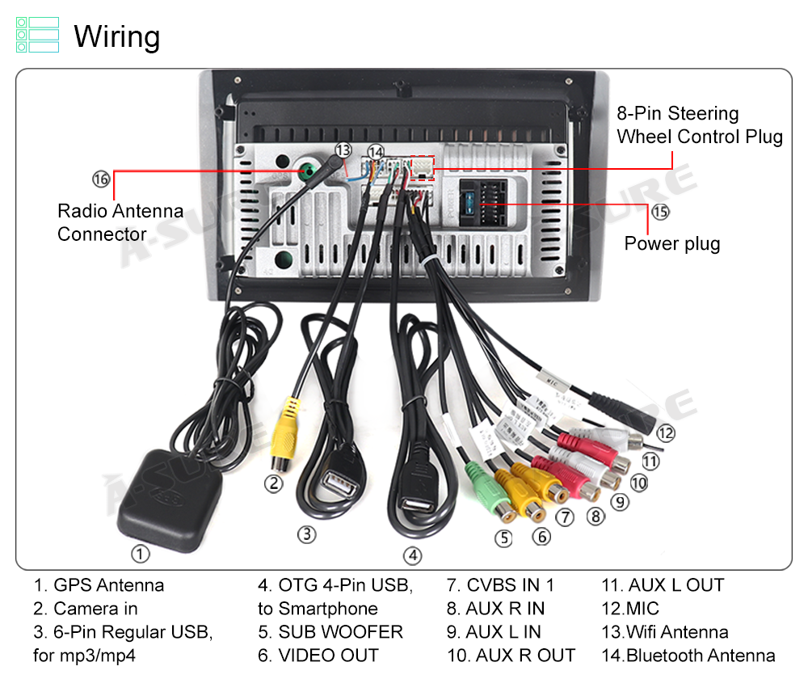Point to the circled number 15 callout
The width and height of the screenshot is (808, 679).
click(660, 212)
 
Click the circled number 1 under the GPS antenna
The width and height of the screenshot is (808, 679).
click(141, 554)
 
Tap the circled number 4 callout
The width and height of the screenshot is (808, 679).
click(413, 555)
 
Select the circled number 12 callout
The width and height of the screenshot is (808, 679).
click(665, 433)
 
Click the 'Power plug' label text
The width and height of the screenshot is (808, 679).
click(671, 243)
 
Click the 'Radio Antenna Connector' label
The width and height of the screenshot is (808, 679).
click(120, 223)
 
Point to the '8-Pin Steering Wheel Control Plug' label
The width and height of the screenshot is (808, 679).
click(699, 124)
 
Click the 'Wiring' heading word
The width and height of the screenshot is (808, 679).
click(117, 37)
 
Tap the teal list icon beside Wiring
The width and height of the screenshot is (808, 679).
click(37, 36)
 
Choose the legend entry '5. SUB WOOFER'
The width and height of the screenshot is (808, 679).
click(330, 631)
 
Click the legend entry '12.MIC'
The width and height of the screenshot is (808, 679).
click(630, 608)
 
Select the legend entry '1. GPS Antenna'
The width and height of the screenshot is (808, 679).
click(99, 584)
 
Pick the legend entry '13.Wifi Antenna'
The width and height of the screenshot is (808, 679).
click(665, 631)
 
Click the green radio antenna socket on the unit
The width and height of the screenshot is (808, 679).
click(307, 171)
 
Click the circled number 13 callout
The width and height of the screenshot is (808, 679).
click(344, 150)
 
